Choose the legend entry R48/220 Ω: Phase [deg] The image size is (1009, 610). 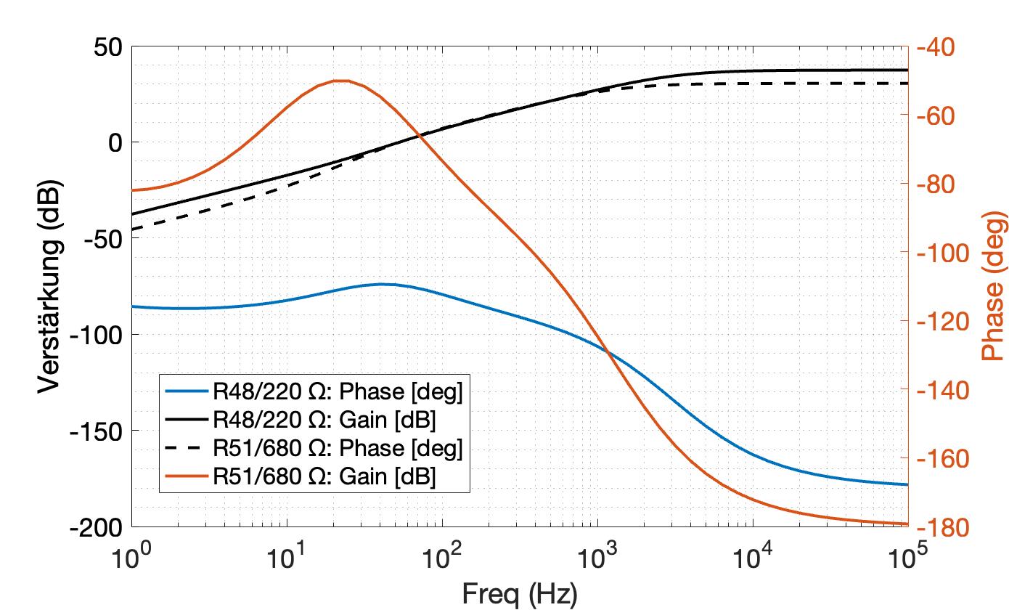tap(337, 392)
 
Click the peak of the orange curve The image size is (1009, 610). tap(340, 81)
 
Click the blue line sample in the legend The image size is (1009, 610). tap(187, 392)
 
